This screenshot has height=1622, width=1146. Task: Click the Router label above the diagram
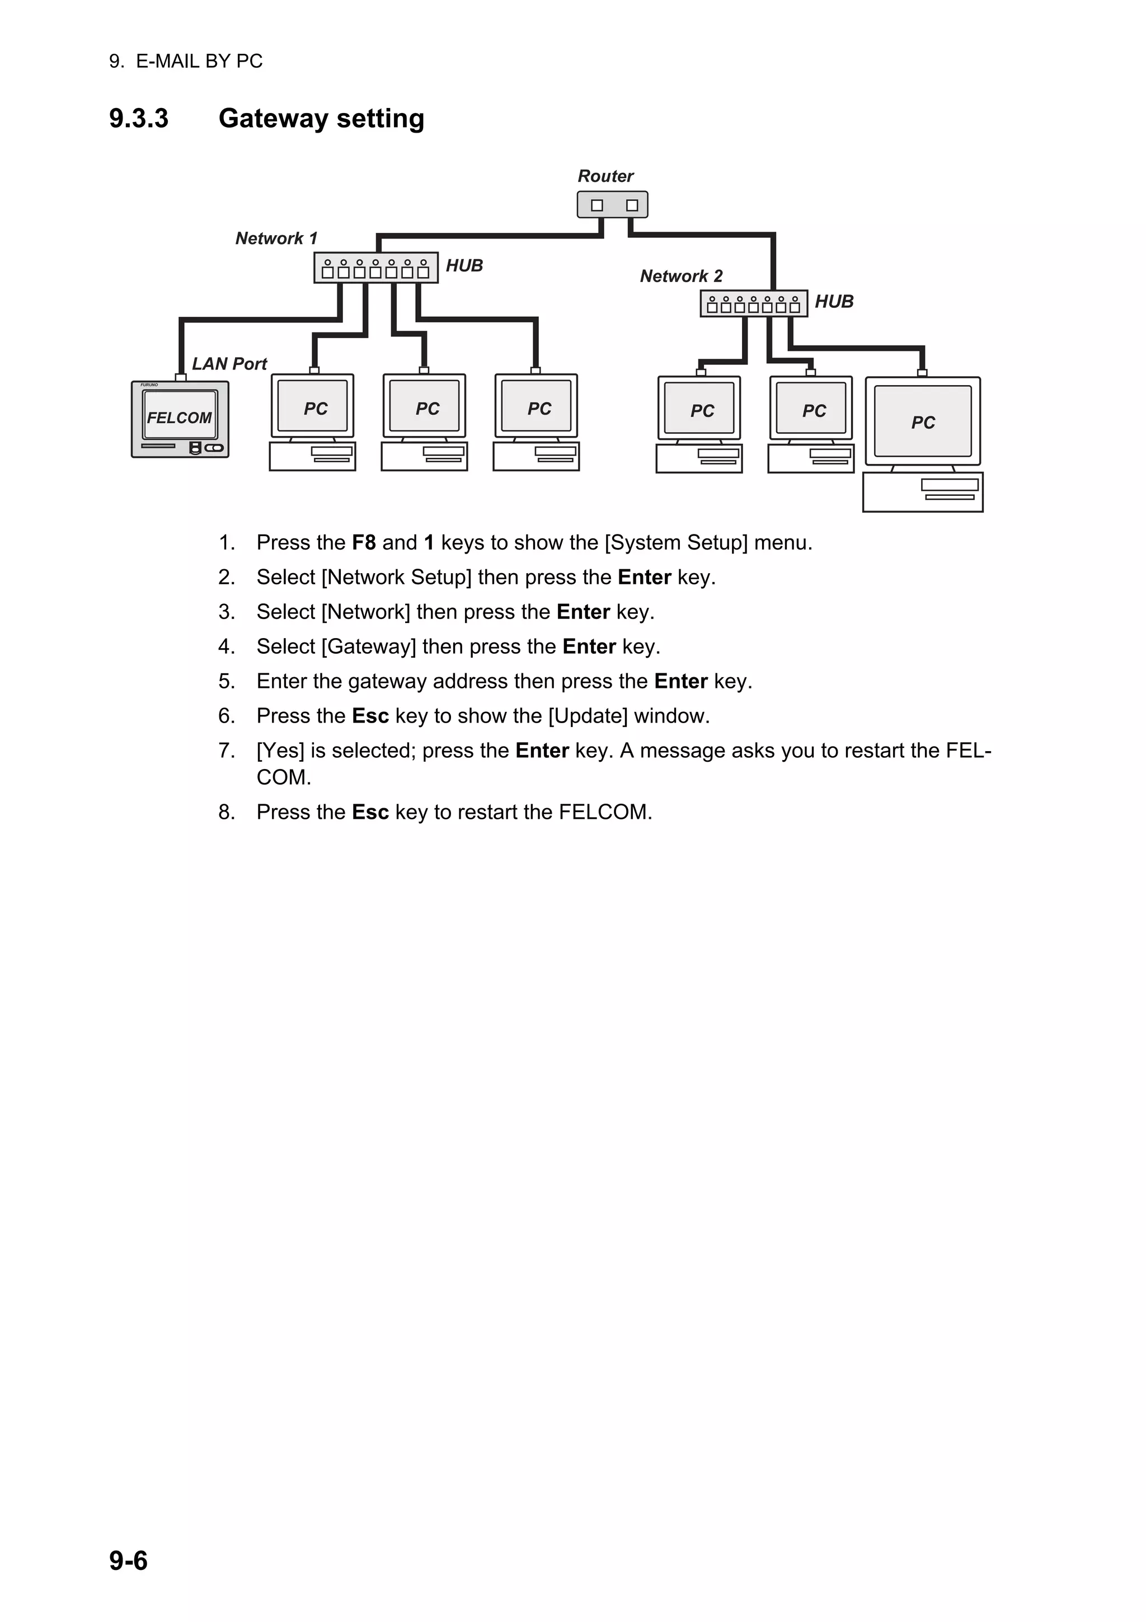pos(605,176)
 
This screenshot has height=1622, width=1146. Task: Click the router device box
pos(612,205)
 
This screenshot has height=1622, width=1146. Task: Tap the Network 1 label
pos(276,238)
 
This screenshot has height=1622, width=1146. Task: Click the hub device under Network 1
pos(375,268)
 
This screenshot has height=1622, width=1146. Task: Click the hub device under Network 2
pos(753,304)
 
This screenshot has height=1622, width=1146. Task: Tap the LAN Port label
pos(229,364)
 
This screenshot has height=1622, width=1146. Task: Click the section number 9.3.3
pos(138,119)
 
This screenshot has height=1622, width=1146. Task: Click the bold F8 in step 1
pos(364,542)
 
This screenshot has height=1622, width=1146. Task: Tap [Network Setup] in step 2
pos(396,577)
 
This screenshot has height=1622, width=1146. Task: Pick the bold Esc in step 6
pos(370,716)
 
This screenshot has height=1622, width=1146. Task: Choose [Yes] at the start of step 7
pos(280,750)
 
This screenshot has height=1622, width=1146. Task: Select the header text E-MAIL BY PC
pos(199,62)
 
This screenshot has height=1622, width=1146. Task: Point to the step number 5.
pos(226,681)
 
